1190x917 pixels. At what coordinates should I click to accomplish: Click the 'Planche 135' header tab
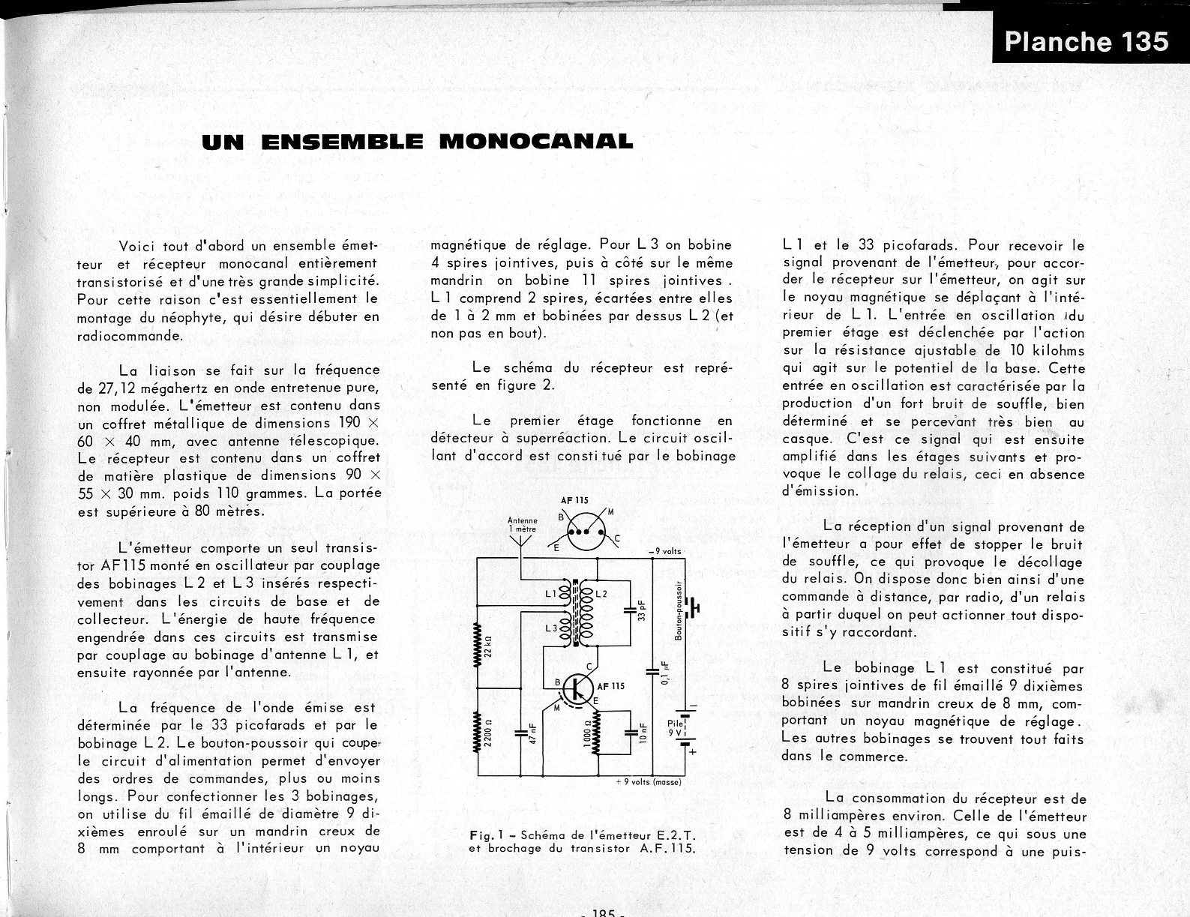point(1086,40)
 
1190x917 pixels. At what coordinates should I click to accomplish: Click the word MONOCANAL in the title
point(535,141)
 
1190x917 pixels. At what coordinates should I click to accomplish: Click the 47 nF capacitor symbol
point(520,733)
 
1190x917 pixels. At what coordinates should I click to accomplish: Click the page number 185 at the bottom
point(603,913)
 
